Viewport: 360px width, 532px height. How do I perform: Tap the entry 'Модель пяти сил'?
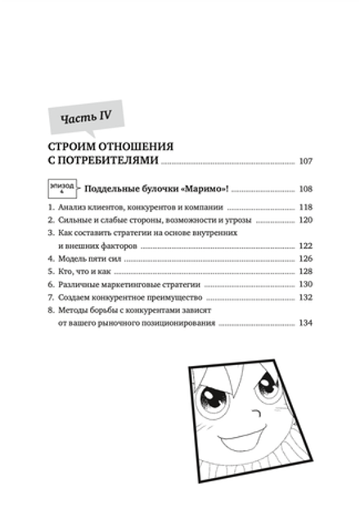(91, 259)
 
